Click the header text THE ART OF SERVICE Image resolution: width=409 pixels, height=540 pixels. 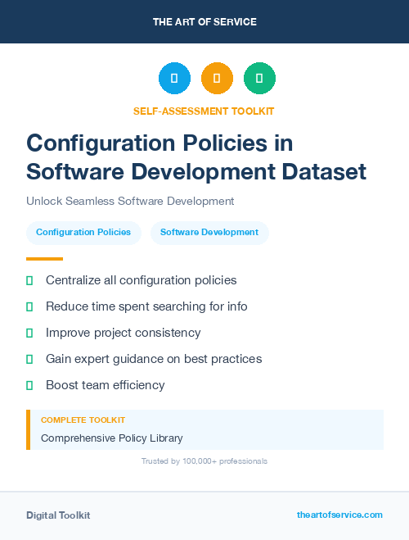(204, 22)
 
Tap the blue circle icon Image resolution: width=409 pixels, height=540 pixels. (174, 79)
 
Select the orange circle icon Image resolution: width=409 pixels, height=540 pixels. (217, 79)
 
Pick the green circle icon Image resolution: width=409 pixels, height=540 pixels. (259, 79)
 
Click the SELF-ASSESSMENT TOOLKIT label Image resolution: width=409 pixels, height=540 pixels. (204, 111)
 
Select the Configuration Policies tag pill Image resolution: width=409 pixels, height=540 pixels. (83, 233)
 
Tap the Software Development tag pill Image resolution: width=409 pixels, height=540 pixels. (209, 233)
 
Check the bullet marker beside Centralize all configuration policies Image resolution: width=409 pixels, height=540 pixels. (29, 280)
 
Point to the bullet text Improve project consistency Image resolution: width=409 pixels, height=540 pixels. (123, 333)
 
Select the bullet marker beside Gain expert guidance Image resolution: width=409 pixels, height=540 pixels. (29, 359)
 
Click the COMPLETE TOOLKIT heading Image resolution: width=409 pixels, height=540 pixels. (83, 420)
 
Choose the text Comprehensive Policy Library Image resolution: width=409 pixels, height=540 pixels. (112, 438)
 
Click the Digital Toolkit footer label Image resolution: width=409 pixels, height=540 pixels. (58, 515)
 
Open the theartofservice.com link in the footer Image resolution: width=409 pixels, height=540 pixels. (339, 515)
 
